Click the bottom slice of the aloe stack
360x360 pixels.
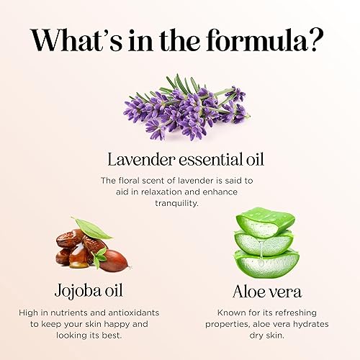click(x=266, y=262)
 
